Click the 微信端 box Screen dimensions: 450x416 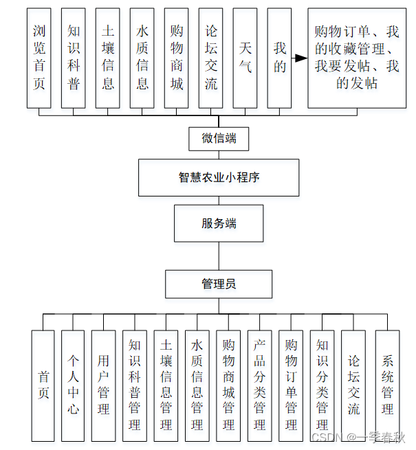tap(219, 139)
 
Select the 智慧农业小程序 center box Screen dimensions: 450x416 tap(219, 177)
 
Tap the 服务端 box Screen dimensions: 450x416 tap(219, 223)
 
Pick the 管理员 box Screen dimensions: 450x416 tap(219, 283)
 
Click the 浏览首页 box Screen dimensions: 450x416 tap(39, 58)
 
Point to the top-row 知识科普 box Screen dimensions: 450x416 tap(74, 58)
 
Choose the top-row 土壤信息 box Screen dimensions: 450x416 tap(108, 58)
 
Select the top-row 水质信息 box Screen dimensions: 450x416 tap(142, 58)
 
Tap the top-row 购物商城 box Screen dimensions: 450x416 tap(177, 58)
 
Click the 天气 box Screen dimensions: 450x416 tap(245, 58)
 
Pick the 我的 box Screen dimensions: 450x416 tap(279, 58)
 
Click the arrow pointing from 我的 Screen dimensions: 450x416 tap(299, 58)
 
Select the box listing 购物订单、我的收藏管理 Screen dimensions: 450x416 tap(357, 58)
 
